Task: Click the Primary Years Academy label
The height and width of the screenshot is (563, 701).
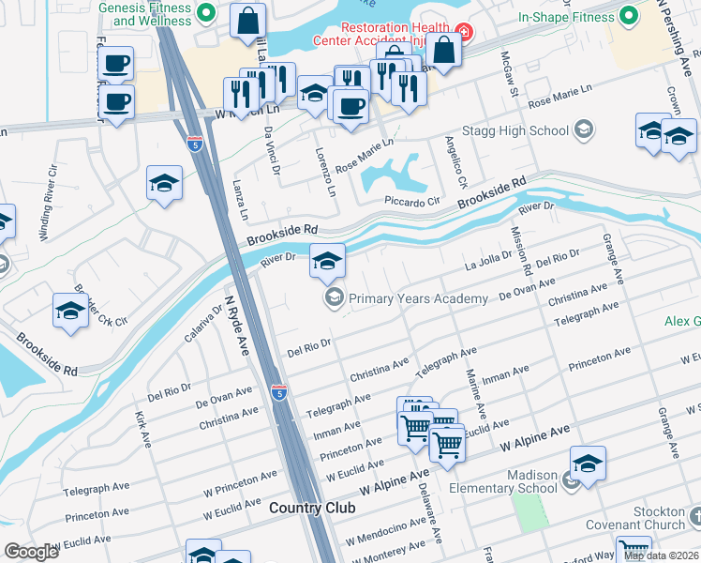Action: point(418,298)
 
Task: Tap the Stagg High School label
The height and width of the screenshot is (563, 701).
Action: point(523,130)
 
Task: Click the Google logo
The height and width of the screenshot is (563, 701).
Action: point(31,552)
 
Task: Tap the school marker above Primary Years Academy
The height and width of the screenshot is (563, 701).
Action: point(327,261)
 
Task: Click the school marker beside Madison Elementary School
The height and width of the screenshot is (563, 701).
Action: point(589,464)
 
